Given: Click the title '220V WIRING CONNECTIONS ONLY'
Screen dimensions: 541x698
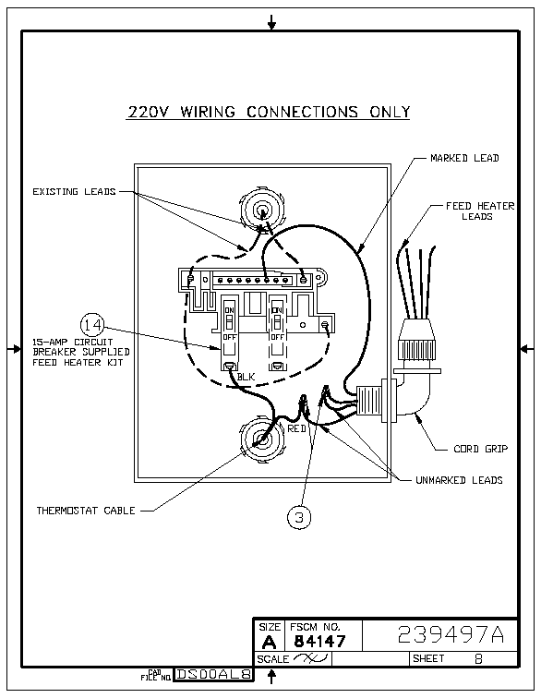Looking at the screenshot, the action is [x=269, y=112].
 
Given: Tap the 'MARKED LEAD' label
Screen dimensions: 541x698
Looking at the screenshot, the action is [x=464, y=158].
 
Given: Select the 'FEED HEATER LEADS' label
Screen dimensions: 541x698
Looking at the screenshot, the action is [x=479, y=211].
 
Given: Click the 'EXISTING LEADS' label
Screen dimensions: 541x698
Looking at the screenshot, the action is [x=74, y=191].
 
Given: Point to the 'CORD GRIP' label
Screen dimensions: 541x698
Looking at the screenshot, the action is [x=480, y=449].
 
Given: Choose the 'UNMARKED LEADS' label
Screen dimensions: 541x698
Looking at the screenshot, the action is [x=459, y=480].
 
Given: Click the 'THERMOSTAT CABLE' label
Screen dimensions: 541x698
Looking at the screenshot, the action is [x=86, y=511].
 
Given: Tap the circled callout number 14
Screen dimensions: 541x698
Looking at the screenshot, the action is [x=92, y=325].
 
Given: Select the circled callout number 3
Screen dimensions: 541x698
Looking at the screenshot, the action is [x=299, y=517].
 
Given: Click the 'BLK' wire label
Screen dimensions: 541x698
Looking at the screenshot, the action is [x=246, y=377].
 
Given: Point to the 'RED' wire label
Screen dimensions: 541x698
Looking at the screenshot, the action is [x=296, y=428].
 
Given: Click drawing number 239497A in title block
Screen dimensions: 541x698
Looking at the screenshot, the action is [x=451, y=634].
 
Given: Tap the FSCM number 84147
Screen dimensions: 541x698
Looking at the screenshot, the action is [x=319, y=641].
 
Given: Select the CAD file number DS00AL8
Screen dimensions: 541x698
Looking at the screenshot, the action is [x=214, y=674].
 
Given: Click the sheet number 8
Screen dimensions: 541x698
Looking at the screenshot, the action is [x=478, y=658].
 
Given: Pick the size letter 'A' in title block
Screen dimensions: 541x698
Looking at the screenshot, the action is [x=269, y=642].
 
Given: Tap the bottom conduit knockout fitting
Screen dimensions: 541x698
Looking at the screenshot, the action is [x=263, y=439].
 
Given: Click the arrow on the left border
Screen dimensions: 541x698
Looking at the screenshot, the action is [x=15, y=349].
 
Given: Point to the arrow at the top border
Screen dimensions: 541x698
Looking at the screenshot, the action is [x=271, y=22].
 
